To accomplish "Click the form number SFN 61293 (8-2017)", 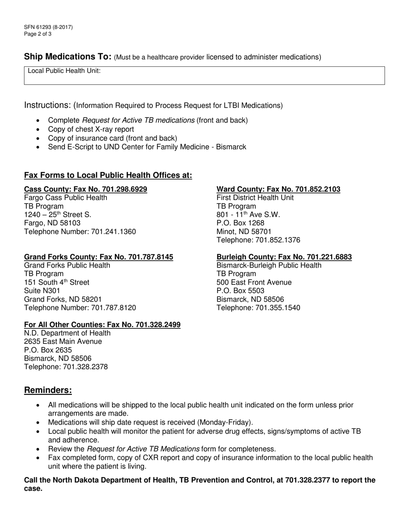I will tap(48, 27).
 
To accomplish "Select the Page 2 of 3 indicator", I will tap(38, 34).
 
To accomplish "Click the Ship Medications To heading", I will tap(68, 56).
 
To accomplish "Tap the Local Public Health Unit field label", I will tap(64, 71).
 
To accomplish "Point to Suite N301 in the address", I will tap(42, 291).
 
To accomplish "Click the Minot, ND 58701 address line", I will tap(244, 231).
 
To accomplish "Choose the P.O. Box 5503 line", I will tap(240, 291).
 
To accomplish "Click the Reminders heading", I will tap(48, 390).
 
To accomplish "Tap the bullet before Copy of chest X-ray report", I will tap(39, 130).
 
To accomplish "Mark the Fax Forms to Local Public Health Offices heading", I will tap(108, 175).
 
